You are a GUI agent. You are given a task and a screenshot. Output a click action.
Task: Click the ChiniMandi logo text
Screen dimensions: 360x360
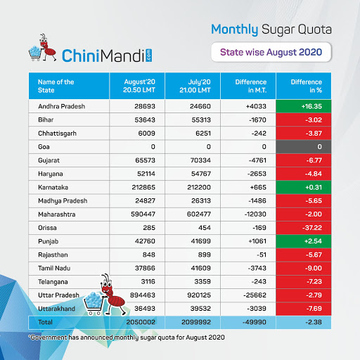pos(105,54)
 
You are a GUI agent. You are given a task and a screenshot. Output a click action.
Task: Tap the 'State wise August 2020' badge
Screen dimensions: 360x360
pos(270,52)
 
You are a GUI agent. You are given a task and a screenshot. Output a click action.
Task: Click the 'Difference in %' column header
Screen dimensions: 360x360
pos(307,86)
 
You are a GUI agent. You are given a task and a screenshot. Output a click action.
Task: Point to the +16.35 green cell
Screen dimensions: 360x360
pos(307,106)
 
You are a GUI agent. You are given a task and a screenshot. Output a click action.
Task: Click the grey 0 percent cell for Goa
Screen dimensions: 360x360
pos(307,147)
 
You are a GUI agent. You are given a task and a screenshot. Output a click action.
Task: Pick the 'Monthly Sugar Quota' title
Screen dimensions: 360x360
pos(270,29)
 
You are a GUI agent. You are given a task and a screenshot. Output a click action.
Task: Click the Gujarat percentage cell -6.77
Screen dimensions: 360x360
pos(307,160)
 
